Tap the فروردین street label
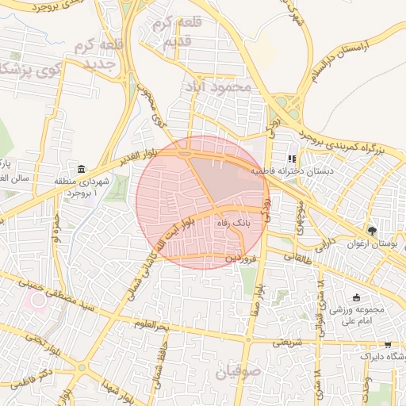(x=240, y=259)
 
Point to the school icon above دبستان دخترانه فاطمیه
(x=293, y=159)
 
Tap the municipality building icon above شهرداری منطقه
(x=82, y=170)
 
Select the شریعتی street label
(x=287, y=343)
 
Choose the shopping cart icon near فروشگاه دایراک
(x=388, y=345)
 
